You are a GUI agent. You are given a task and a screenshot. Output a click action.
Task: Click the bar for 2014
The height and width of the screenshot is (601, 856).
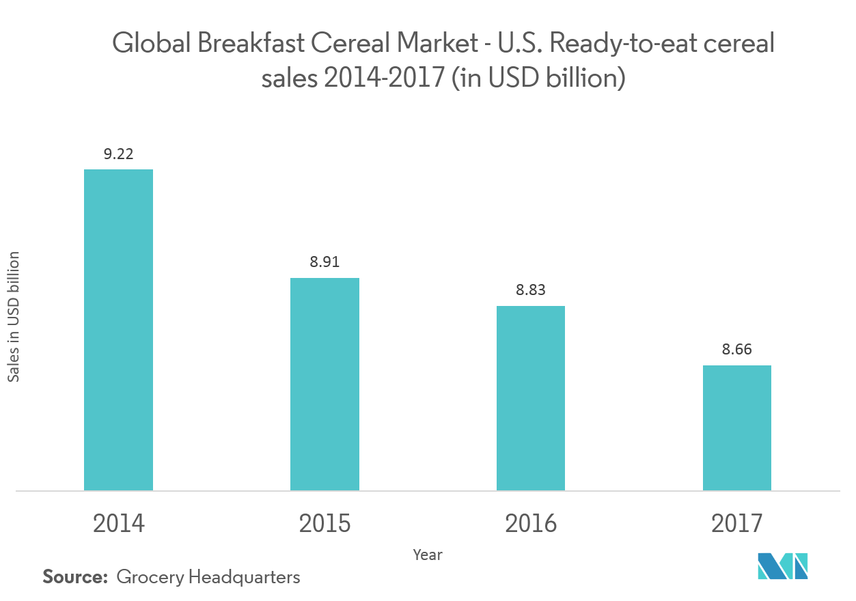[118, 330]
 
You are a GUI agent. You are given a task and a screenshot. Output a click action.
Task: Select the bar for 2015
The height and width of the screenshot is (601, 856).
[325, 384]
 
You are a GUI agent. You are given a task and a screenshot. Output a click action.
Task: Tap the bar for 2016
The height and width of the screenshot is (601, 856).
[531, 398]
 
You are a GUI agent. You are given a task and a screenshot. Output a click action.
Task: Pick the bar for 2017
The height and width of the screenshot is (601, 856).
[737, 428]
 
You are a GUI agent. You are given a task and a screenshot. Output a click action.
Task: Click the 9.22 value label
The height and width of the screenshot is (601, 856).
[118, 154]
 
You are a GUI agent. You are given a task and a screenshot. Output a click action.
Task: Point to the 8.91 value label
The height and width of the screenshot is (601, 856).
[325, 262]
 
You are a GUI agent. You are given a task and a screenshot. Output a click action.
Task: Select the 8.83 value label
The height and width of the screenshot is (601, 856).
[531, 290]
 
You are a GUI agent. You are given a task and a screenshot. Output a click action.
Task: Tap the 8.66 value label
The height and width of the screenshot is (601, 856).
[737, 350]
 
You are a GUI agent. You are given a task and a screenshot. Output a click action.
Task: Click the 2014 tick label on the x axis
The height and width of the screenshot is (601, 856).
[118, 524]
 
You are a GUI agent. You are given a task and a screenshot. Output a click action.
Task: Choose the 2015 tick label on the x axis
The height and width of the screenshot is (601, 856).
[325, 524]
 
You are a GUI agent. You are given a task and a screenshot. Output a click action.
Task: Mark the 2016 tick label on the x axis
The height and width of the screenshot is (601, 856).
[531, 524]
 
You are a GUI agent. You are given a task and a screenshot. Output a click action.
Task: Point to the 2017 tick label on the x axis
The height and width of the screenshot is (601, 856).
[737, 524]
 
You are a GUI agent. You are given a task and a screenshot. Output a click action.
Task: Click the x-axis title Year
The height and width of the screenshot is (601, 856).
[428, 555]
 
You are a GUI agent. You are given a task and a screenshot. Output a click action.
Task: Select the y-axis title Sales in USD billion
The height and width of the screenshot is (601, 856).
[14, 317]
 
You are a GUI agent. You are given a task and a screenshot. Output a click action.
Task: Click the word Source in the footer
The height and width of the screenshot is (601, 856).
[75, 577]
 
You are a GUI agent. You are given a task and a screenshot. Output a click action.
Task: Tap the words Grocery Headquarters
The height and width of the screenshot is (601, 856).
[208, 578]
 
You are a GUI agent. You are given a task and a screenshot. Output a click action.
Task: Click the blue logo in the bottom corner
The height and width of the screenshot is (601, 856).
[783, 565]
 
